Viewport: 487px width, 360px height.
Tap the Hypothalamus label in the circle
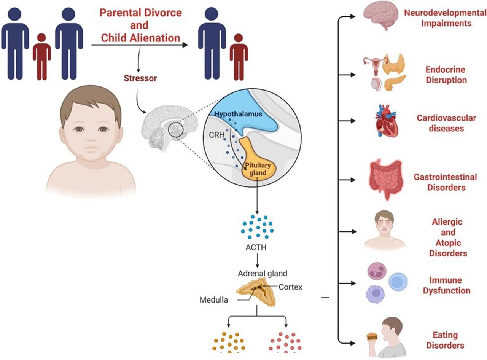pyautogui.click(x=239, y=114)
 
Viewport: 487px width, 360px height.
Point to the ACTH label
pyautogui.click(x=256, y=248)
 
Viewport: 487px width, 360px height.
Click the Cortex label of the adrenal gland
pyautogui.click(x=290, y=287)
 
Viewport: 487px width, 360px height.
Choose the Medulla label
pyautogui.click(x=214, y=299)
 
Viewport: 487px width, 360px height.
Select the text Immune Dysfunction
pyautogui.click(x=450, y=285)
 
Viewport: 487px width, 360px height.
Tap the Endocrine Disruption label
pyautogui.click(x=446, y=75)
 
